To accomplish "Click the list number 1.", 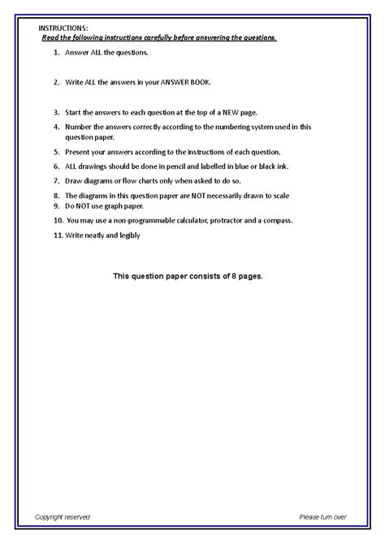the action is (55, 52).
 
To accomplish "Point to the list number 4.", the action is (55, 127).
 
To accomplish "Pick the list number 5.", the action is (55, 152).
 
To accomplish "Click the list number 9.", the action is (55, 205).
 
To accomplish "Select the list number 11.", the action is (55, 235).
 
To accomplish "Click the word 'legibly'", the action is (128, 235).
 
